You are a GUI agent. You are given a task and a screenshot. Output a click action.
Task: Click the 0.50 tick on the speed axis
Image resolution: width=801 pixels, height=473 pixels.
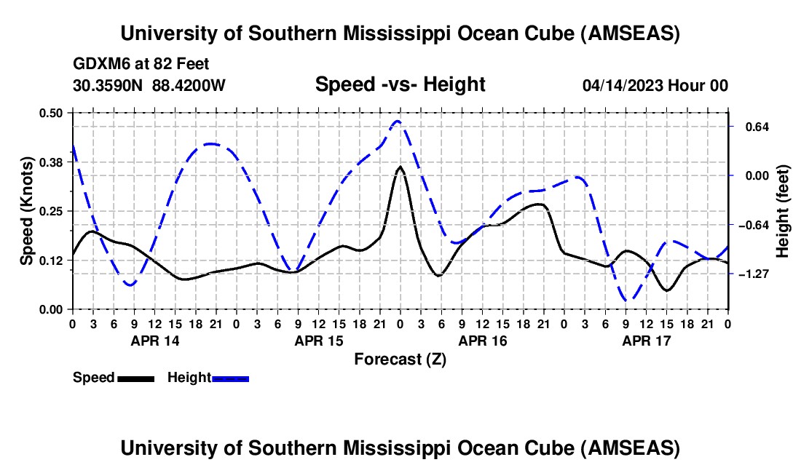point(52,113)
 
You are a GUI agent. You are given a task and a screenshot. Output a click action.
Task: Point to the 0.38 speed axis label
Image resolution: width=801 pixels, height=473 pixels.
point(52,162)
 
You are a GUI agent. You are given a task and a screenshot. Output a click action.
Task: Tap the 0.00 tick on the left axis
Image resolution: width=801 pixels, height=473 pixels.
point(52,309)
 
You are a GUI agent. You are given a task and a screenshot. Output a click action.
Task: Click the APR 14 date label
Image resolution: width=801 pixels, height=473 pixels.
point(154,340)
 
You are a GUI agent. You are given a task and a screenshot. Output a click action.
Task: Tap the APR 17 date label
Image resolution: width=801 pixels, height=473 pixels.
point(646,340)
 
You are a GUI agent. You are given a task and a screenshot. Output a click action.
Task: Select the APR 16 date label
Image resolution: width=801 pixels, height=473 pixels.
point(482,340)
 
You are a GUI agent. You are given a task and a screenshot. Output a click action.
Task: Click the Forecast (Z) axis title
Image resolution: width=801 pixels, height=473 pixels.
point(400,359)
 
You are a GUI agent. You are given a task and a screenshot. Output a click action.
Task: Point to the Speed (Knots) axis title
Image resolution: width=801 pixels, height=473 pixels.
point(27,211)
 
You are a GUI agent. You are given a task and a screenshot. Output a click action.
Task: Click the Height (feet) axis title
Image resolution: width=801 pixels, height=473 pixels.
point(783,211)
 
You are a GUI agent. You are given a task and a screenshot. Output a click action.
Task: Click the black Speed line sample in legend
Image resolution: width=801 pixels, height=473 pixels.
point(135,378)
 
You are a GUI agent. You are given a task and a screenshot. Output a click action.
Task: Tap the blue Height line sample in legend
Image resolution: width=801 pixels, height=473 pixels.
point(230,378)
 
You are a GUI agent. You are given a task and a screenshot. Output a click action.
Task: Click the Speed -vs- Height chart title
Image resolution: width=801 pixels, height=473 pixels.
point(400,84)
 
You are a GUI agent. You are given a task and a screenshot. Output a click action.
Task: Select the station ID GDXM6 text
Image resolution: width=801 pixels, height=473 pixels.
point(100,64)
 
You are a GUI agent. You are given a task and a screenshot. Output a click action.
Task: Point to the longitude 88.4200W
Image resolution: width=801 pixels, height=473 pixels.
point(189,86)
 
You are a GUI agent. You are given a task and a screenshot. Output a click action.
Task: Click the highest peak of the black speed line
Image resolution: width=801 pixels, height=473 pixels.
point(400,167)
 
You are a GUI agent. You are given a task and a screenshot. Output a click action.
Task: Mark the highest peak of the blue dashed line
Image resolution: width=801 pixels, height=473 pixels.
point(398,122)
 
